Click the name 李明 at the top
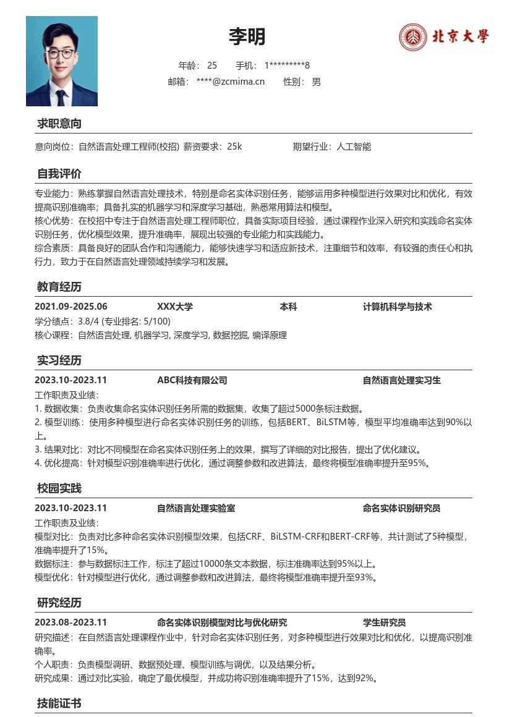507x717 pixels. [247, 37]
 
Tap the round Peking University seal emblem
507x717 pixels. [412, 37]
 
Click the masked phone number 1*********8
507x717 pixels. [287, 66]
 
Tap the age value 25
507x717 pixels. [212, 66]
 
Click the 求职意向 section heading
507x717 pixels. [59, 124]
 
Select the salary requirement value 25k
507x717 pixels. [234, 146]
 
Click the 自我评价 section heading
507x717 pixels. [59, 174]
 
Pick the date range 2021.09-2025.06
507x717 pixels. [71, 307]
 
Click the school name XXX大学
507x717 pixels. [175, 307]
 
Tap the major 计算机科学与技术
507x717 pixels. [398, 307]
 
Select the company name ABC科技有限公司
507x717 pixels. [192, 380]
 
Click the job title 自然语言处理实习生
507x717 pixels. [402, 380]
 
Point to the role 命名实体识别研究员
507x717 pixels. [402, 508]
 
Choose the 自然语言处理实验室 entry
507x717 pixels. [196, 508]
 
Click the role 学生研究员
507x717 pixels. [385, 622]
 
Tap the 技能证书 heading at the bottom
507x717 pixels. [59, 703]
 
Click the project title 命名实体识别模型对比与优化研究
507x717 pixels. [222, 622]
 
